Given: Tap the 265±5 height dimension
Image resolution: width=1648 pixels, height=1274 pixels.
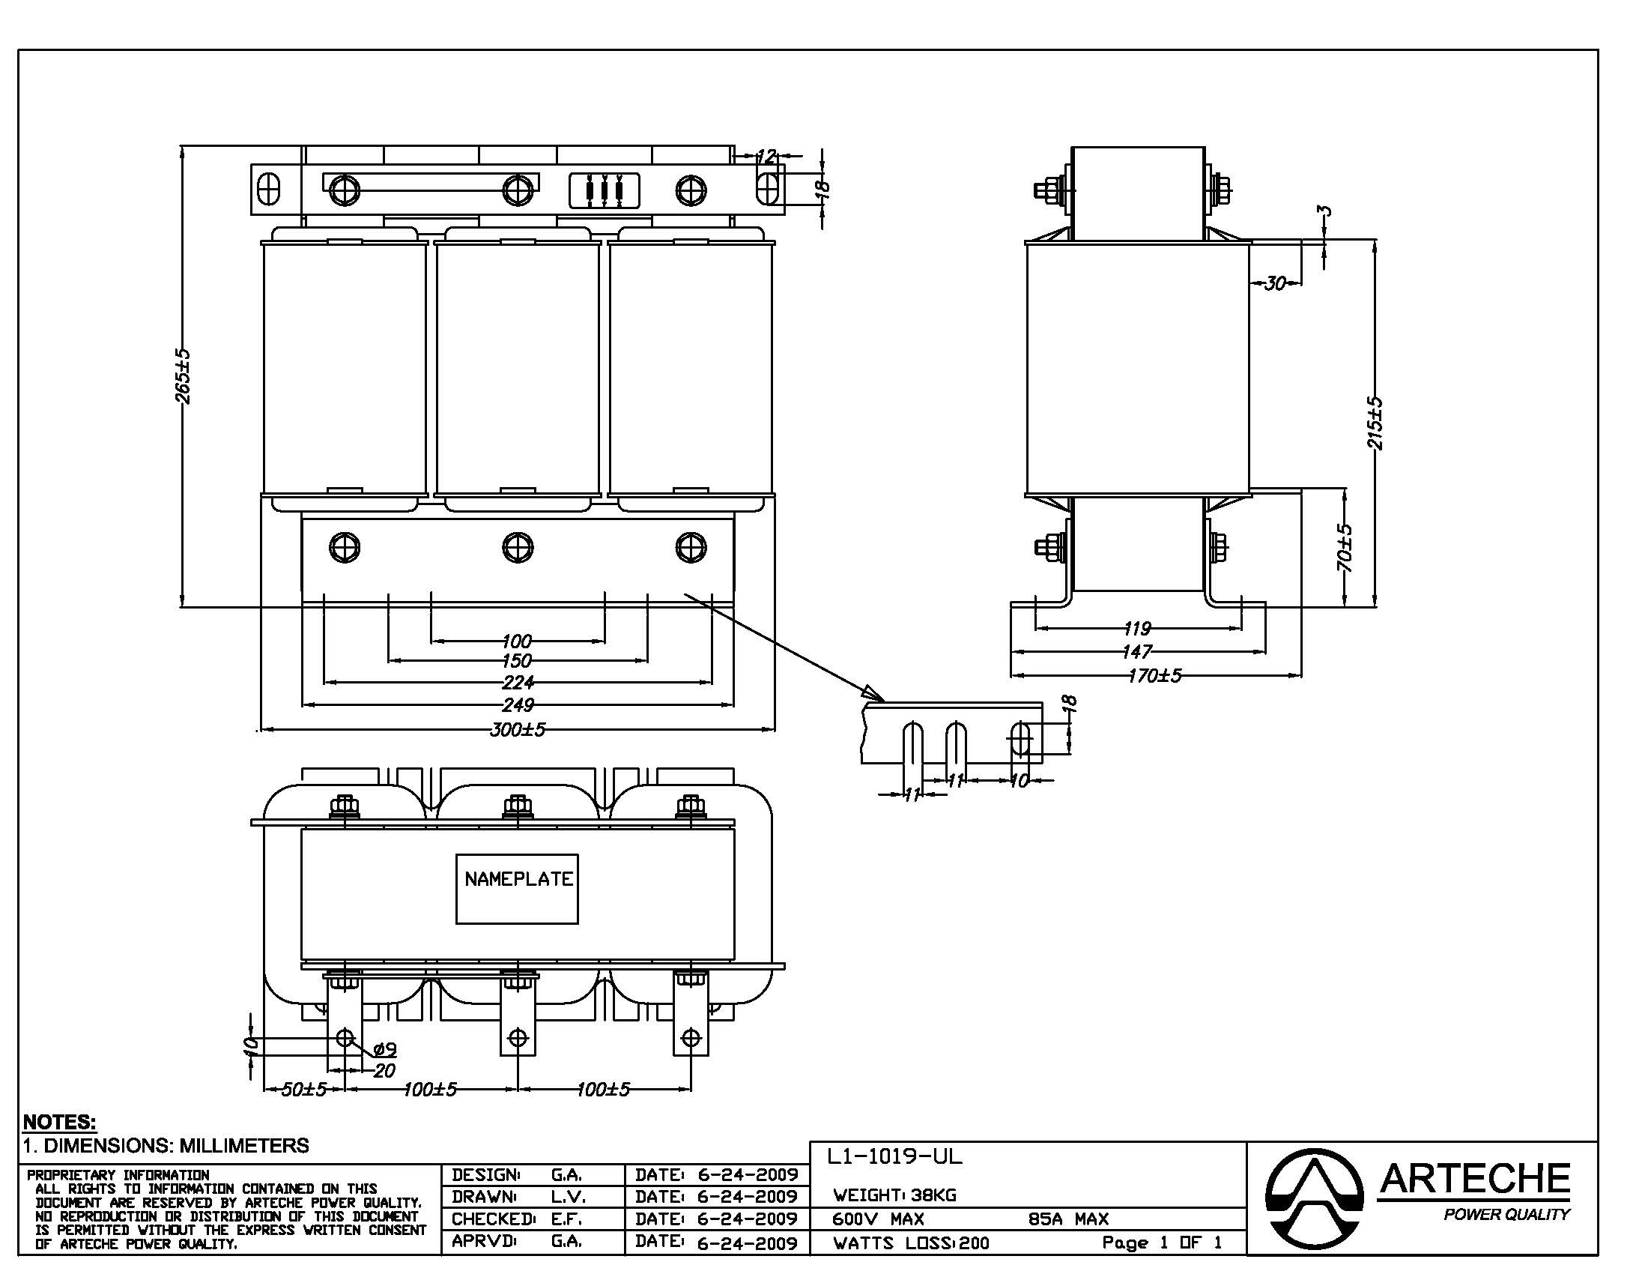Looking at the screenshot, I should click(x=184, y=376).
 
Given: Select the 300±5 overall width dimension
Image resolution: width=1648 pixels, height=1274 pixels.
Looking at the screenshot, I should click(x=518, y=729).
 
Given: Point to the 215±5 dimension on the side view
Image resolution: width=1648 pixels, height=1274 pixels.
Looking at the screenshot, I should click(x=1375, y=423).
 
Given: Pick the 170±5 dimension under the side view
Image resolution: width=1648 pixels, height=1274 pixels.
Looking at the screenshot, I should click(x=1154, y=675).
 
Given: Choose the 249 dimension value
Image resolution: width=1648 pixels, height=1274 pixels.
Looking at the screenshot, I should click(x=518, y=705).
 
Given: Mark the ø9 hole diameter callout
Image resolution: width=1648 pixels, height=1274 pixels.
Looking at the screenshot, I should click(x=385, y=1049).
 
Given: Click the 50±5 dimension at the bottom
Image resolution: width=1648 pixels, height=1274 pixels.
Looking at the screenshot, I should click(x=303, y=1089).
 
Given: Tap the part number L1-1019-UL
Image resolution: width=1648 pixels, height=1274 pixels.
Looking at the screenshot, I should click(x=895, y=1156).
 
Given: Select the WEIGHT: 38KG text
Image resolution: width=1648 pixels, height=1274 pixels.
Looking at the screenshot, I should click(x=895, y=1195).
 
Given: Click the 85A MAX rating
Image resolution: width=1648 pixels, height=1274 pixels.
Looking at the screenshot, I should click(x=1068, y=1219).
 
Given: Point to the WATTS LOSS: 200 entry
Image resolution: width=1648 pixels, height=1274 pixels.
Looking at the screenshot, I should click(x=911, y=1243).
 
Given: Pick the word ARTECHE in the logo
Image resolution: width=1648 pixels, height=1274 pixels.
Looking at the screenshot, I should click(x=1474, y=1180).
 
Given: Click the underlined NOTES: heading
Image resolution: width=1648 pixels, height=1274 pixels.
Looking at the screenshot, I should click(x=60, y=1122).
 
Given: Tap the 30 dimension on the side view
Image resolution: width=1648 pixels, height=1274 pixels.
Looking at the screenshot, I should click(x=1274, y=283).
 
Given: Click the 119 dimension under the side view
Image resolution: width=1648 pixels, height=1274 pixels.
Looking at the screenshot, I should click(x=1137, y=627).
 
